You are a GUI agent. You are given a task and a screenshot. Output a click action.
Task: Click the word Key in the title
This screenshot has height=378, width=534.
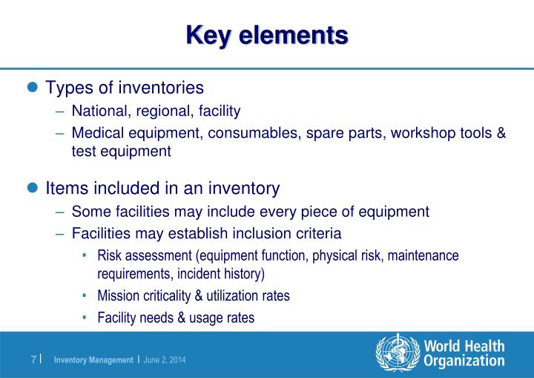(x=207, y=34)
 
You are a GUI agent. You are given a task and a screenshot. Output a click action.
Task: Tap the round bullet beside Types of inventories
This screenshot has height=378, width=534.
(x=32, y=88)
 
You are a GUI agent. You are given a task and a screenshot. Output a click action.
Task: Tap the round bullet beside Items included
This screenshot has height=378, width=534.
(x=32, y=187)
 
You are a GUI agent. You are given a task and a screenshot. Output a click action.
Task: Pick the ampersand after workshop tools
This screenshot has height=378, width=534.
(x=501, y=133)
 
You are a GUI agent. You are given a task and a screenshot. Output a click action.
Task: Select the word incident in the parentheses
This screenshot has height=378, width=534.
(x=199, y=273)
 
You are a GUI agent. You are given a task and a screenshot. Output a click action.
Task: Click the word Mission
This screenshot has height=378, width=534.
(x=116, y=296)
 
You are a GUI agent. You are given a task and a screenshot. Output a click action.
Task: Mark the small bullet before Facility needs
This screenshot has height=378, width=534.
(x=85, y=318)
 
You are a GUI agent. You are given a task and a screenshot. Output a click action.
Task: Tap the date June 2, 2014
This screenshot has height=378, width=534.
(x=165, y=360)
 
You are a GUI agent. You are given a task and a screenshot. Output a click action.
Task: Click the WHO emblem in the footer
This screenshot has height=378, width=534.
(x=398, y=353)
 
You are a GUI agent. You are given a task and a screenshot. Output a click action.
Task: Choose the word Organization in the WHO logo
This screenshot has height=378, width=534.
(x=464, y=361)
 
